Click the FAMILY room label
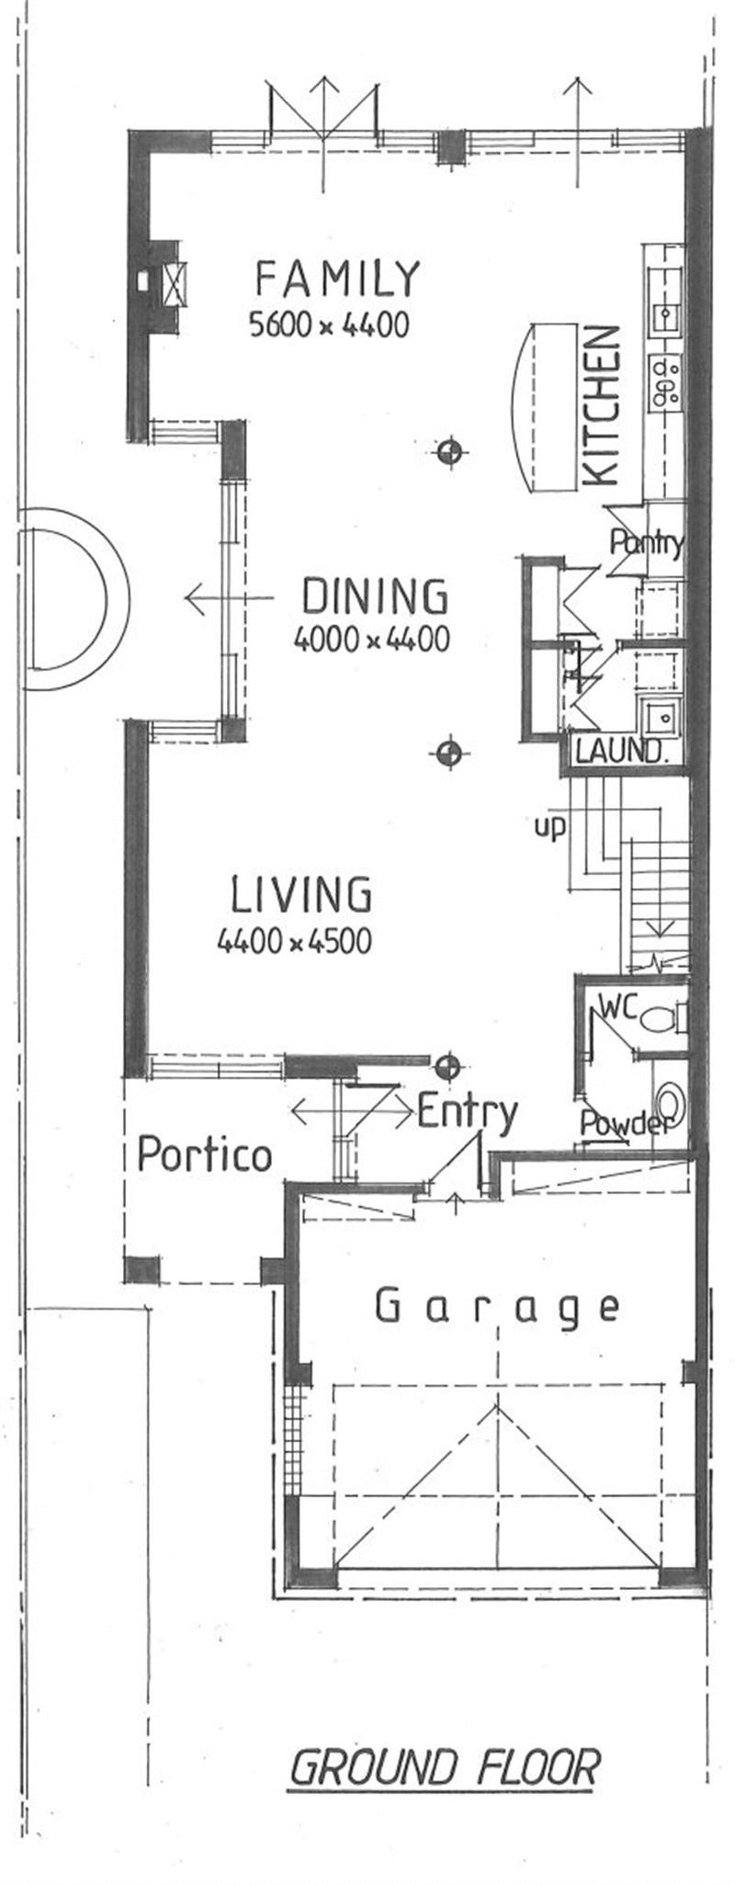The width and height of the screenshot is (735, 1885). [337, 278]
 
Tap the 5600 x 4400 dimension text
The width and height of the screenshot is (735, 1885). [328, 324]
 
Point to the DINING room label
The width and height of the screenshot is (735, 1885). [375, 596]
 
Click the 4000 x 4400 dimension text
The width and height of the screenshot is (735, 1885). [371, 639]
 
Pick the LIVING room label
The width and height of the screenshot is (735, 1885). [301, 894]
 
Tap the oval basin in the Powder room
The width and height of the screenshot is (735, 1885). [670, 1102]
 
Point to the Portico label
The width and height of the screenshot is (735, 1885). [204, 1154]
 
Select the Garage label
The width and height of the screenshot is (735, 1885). [497, 1306]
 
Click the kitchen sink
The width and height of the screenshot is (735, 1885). [665, 316]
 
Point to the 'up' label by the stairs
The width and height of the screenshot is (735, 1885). [549, 827]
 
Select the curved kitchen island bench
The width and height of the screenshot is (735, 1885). [541, 408]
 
